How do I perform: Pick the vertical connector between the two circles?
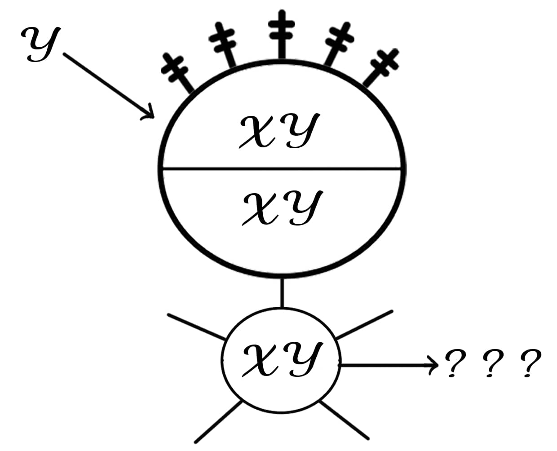[282, 292]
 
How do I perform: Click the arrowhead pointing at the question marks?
[433, 365]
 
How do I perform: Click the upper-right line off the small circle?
[364, 324]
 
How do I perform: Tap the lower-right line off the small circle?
[345, 420]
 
